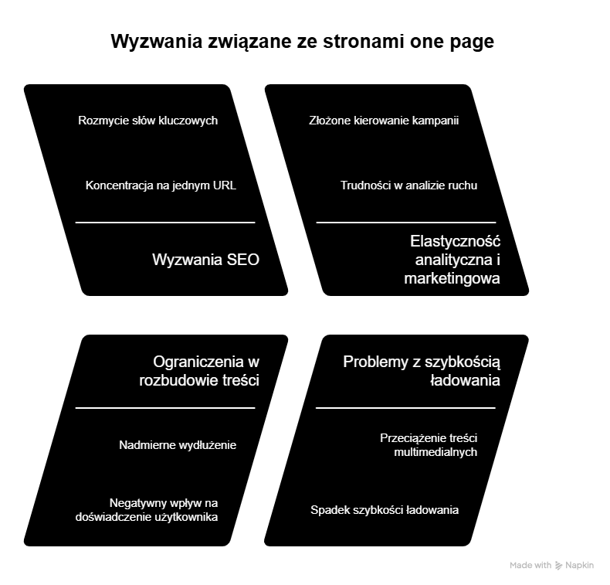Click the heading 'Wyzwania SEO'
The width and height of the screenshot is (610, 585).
[x=205, y=260]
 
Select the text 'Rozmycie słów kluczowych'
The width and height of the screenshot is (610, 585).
[x=148, y=121]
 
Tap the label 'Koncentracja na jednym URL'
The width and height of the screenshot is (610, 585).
[x=161, y=185]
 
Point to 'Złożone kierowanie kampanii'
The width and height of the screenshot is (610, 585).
[x=384, y=121]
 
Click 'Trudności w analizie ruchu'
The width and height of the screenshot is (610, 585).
[x=408, y=185]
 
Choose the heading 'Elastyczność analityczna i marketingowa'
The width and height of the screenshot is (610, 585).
[x=452, y=260]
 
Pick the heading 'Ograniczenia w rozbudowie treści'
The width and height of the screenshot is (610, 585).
[x=199, y=371]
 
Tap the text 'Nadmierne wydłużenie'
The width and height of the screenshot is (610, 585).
[x=178, y=445]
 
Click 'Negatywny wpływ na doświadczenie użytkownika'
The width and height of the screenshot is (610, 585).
[x=147, y=510]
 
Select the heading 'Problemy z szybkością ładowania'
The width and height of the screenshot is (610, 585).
[x=422, y=371]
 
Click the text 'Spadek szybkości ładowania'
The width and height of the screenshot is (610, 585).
[x=385, y=510]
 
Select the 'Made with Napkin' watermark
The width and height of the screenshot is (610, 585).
[x=551, y=566]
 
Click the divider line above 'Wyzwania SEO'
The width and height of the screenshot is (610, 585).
[x=165, y=223]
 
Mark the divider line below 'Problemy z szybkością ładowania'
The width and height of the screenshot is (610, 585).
[x=406, y=407]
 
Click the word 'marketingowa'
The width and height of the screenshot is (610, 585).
[x=452, y=278]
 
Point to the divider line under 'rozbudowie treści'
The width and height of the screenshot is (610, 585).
[x=165, y=407]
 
